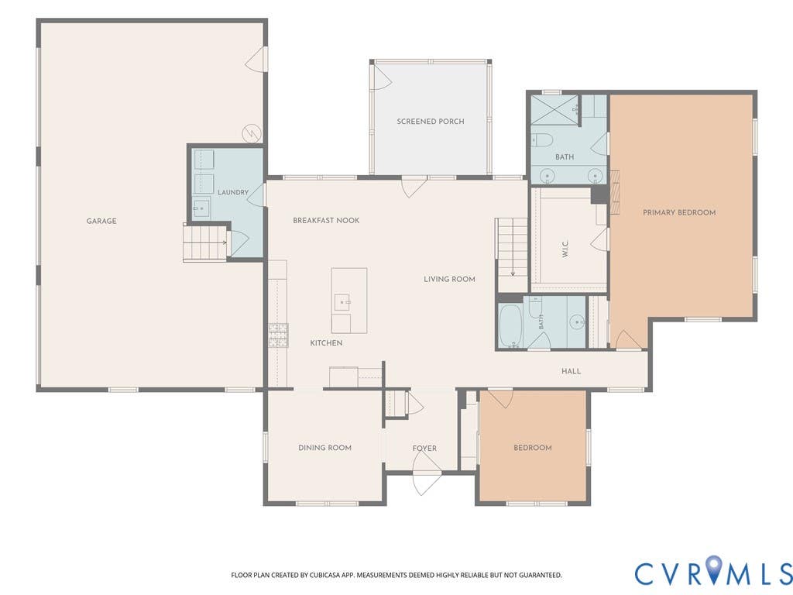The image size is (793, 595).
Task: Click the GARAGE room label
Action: pos(101,221)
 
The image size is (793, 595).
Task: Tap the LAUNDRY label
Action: pos(233,192)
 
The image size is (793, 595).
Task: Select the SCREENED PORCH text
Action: pos(431,122)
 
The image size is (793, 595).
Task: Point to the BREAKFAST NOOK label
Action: pos(326,221)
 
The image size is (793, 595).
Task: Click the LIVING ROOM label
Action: pos(450,279)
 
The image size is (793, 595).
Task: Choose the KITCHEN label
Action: pos(326,343)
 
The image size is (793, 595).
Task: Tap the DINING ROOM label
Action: pos(324,448)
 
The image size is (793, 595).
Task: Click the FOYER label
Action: pos(424,449)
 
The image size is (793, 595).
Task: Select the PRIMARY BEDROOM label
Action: pos(679,212)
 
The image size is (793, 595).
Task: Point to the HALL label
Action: pos(571,371)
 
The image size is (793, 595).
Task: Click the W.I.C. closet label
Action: pos(565,248)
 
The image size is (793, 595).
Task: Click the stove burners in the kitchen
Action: pos(278,335)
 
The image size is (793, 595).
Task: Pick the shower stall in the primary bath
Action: pos(554,110)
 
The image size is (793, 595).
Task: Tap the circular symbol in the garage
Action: pos(251,133)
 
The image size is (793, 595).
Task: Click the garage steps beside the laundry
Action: pos(204,243)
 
